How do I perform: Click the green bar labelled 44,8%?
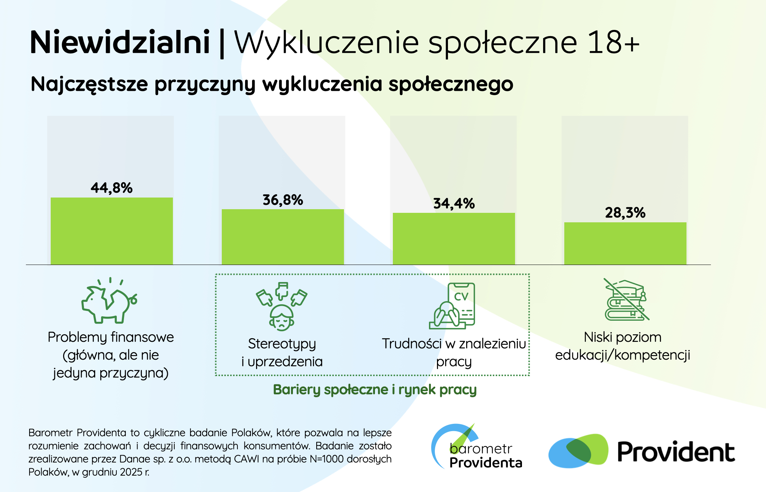(x=112, y=231)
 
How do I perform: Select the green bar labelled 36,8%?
(x=283, y=237)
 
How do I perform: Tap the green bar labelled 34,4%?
(x=454, y=239)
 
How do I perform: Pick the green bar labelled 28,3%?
(x=625, y=243)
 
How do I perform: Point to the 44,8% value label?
(x=112, y=188)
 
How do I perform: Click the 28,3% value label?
(x=625, y=213)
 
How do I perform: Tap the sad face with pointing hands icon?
(x=282, y=306)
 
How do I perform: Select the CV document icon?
(x=453, y=305)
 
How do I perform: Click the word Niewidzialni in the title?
(x=120, y=43)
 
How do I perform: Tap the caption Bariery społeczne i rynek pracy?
(x=375, y=390)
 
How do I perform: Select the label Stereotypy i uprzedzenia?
(x=282, y=352)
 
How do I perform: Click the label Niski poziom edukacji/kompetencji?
(x=623, y=346)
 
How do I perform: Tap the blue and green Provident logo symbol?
(x=578, y=451)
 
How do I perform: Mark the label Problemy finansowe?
(x=111, y=337)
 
